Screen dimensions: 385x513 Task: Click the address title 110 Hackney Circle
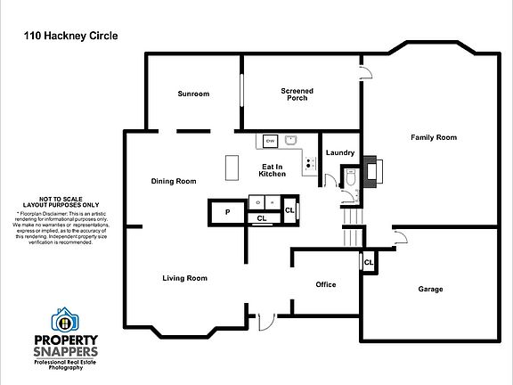tap(68, 37)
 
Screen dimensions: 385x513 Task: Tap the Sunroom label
tap(192, 94)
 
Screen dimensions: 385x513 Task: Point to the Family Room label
tap(433, 137)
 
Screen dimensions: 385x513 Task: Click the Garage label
tap(430, 289)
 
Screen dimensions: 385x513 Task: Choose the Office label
tap(326, 284)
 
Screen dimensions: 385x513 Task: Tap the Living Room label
tap(184, 278)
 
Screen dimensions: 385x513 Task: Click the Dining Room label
tap(173, 181)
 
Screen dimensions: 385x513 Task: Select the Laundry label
tap(340, 153)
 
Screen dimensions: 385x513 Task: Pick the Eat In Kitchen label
tap(273, 170)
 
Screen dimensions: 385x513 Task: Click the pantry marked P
tap(227, 212)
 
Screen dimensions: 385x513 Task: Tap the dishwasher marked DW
tap(269, 141)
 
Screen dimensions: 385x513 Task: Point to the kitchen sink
tap(290, 140)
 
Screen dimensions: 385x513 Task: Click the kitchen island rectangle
tap(234, 167)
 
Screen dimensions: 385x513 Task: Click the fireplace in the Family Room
tap(372, 172)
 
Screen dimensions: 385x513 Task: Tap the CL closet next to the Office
tap(367, 262)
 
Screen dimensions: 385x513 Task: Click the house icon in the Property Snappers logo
tap(64, 318)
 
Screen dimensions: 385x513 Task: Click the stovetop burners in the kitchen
tap(309, 163)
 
